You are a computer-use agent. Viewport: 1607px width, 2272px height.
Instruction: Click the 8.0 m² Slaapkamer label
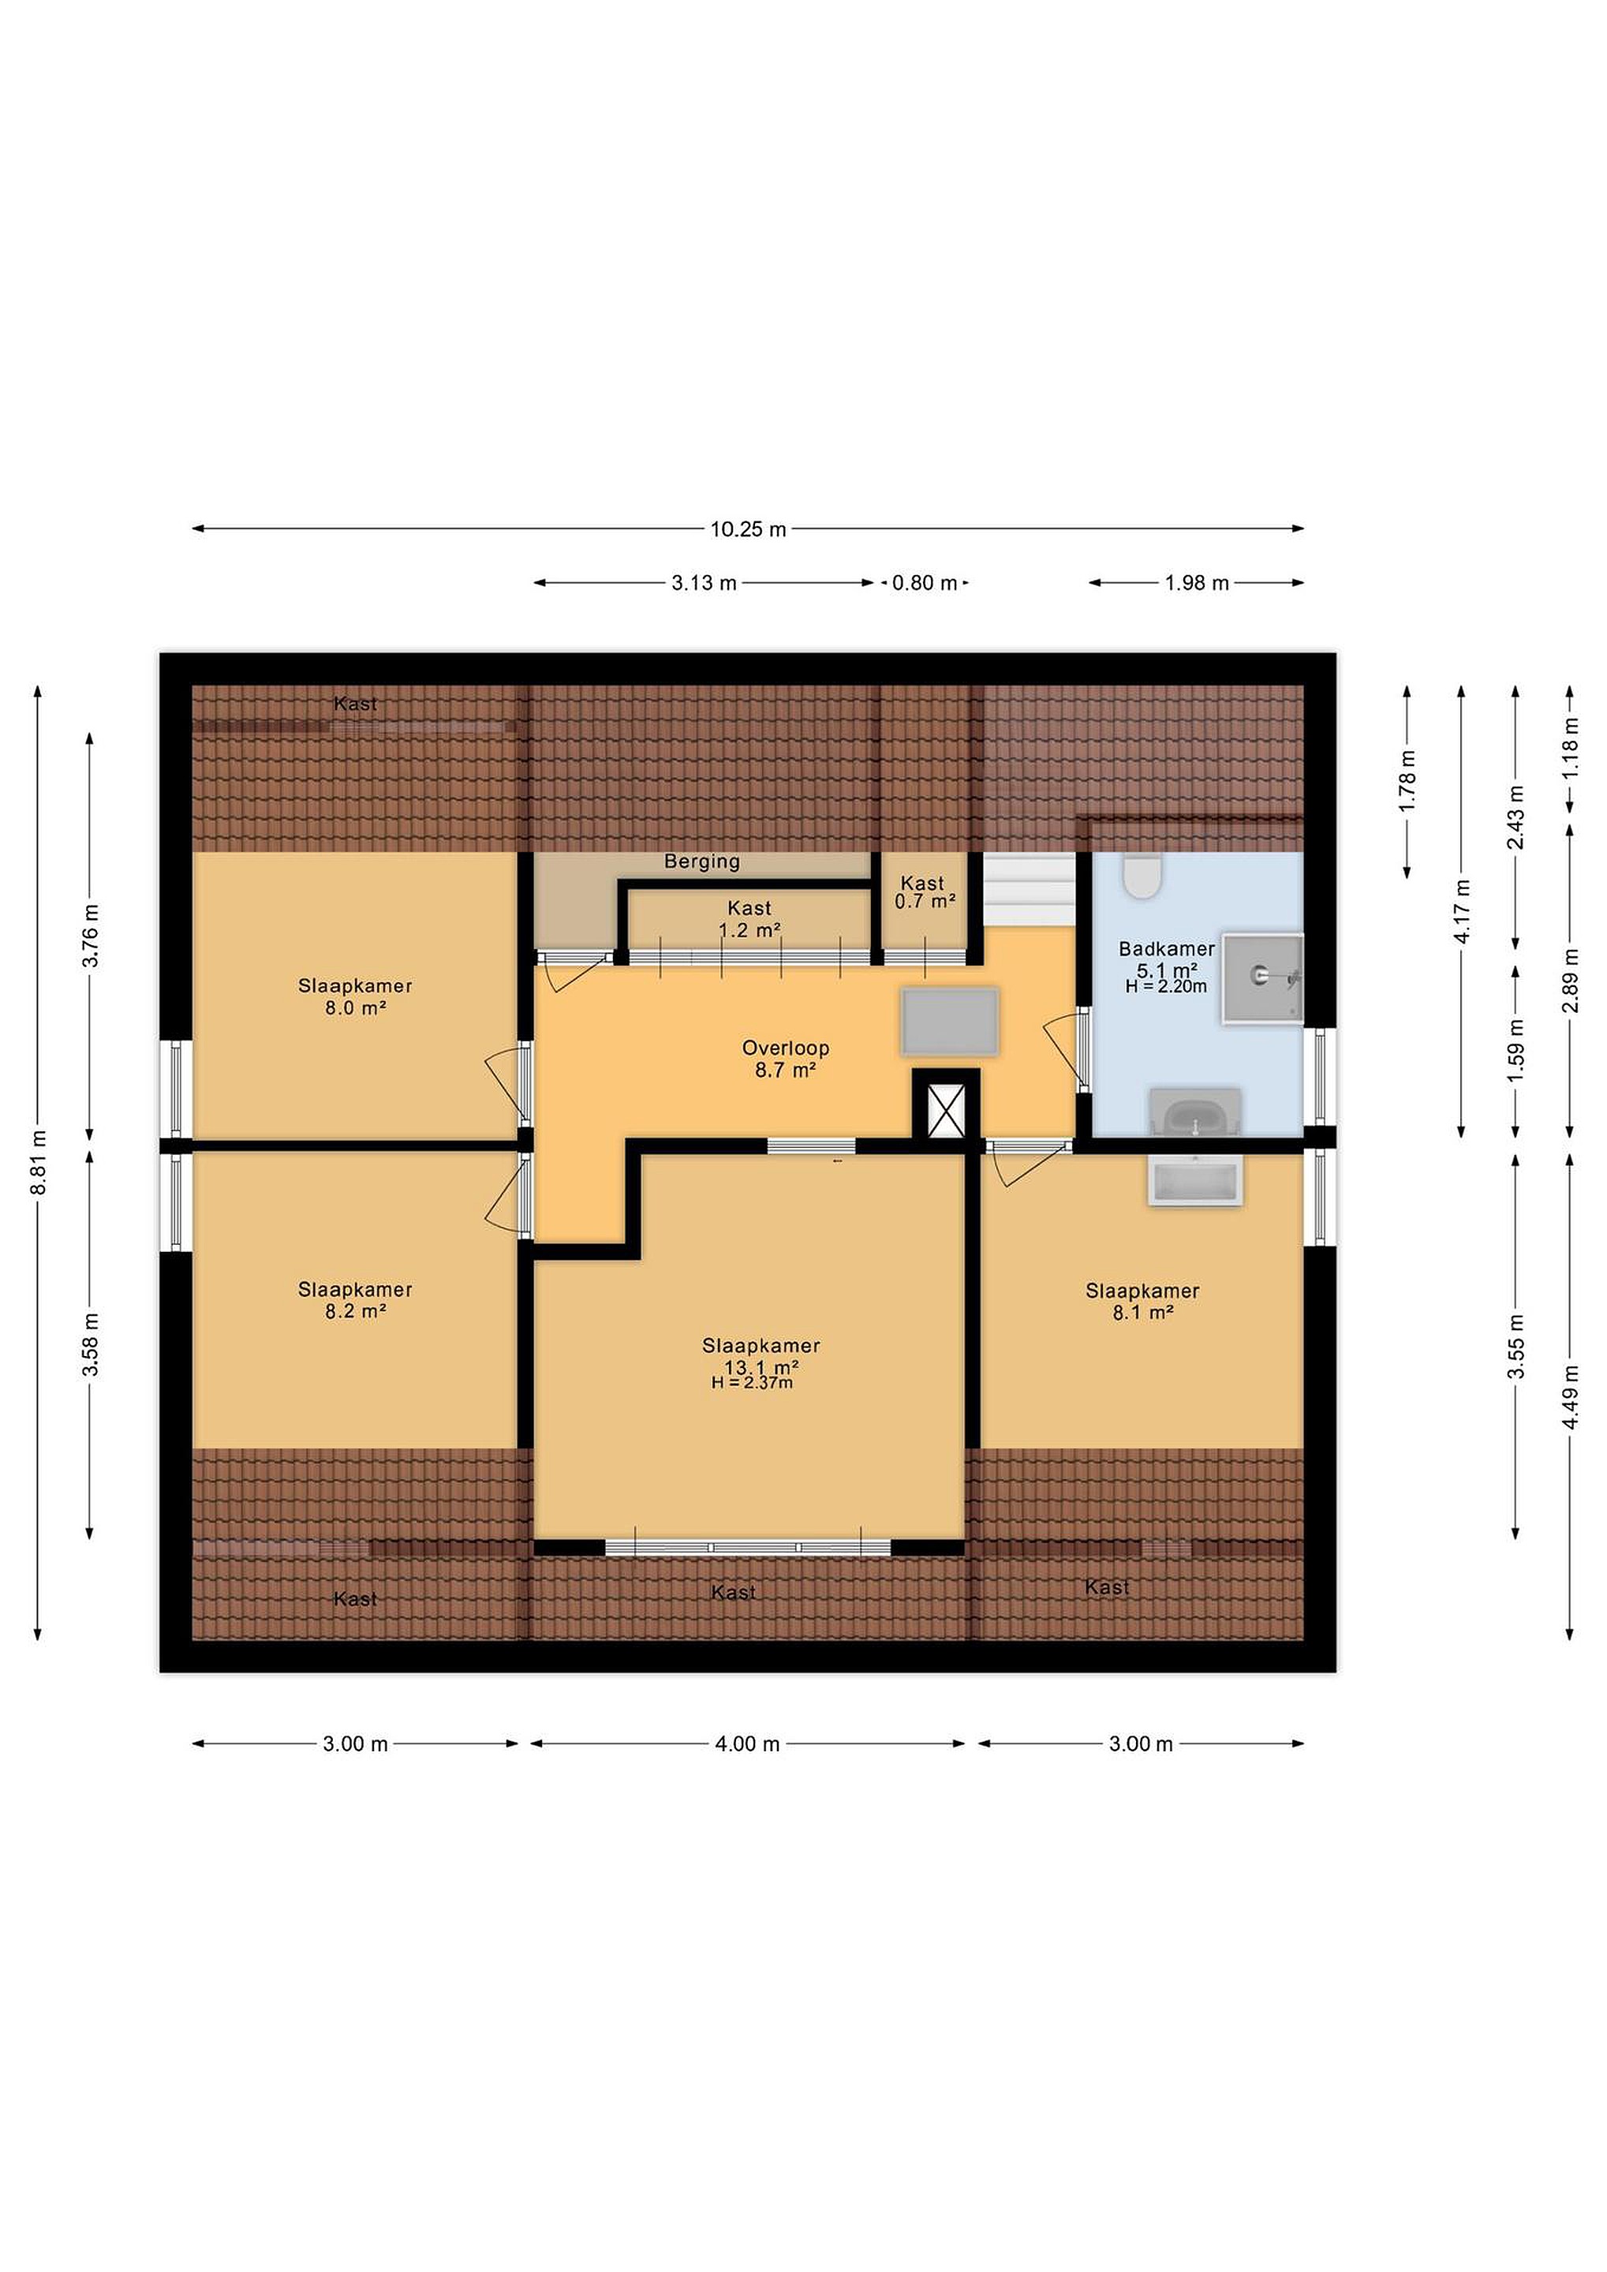(x=355, y=996)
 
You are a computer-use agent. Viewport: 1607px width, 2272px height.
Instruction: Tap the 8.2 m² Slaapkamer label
(x=355, y=1300)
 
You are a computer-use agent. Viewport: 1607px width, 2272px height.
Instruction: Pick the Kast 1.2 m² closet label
(x=749, y=918)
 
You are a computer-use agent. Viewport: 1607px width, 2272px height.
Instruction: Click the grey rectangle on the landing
(x=949, y=1020)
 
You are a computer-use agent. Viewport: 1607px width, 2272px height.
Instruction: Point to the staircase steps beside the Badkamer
(x=1028, y=890)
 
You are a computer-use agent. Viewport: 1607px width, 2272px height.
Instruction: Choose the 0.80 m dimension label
(x=925, y=583)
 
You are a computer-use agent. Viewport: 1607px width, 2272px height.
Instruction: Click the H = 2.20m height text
(x=1166, y=987)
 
